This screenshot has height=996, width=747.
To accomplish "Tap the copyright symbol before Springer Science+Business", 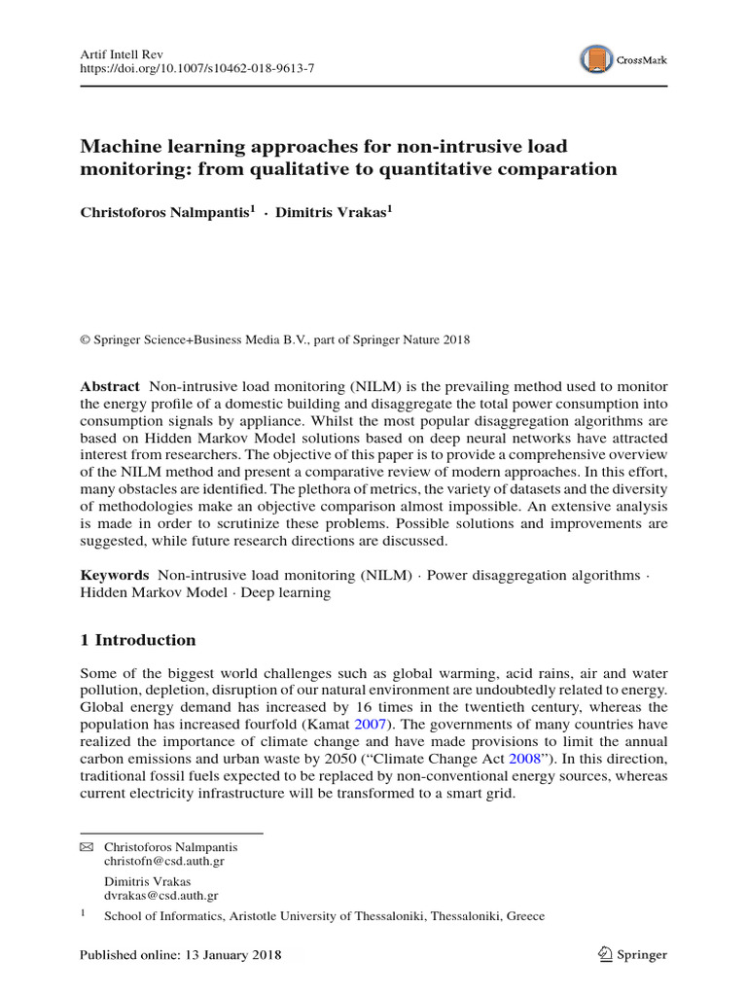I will [85, 339].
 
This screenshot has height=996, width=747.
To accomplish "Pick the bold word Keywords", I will [114, 576].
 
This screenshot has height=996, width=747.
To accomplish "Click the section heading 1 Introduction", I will [137, 640].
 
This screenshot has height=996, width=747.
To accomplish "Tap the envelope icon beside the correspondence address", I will [86, 847].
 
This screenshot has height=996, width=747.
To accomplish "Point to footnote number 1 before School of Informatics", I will [83, 914].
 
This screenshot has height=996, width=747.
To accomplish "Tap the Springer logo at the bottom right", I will [632, 954].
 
